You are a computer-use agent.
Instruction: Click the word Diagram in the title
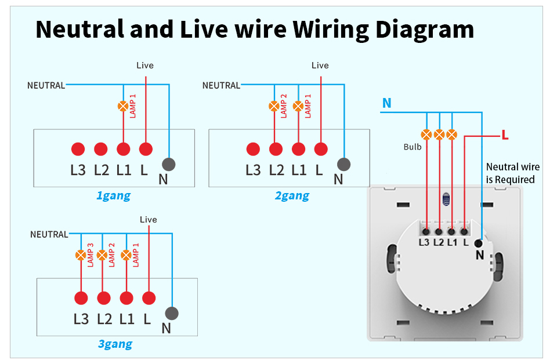click(425, 30)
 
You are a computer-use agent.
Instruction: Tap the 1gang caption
click(114, 195)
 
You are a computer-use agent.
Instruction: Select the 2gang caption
click(292, 195)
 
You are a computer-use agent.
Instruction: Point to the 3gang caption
click(115, 344)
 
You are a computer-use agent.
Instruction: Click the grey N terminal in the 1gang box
click(169, 165)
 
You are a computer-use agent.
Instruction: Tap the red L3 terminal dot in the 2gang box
click(253, 149)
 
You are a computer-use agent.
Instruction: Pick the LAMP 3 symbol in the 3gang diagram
click(81, 255)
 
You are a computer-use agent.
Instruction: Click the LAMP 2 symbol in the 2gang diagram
click(274, 106)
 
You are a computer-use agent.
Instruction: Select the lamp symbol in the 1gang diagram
click(123, 106)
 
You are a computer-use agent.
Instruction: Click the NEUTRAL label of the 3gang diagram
click(49, 234)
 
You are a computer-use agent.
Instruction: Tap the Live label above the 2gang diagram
click(320, 66)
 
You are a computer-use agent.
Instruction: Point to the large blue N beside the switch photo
click(387, 103)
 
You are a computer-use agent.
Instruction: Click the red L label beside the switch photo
click(505, 135)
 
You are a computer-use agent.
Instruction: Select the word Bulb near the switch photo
click(413, 147)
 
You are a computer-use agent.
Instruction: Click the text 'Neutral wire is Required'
click(512, 173)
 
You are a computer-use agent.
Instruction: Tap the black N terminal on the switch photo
click(479, 243)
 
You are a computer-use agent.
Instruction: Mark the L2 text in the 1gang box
click(101, 170)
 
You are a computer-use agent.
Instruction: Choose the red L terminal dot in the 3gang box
click(149, 298)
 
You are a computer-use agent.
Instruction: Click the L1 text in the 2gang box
click(299, 170)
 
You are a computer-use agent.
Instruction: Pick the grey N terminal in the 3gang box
click(172, 314)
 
